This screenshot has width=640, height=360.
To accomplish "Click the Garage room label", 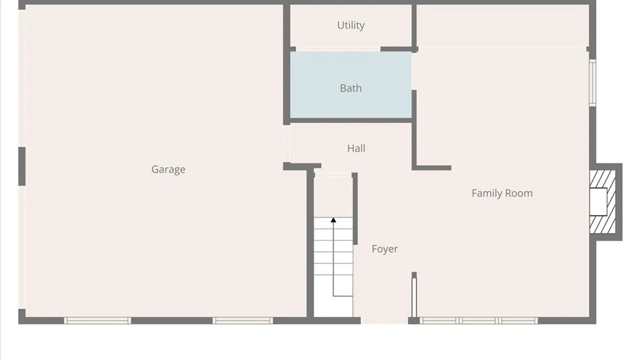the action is coord(168,169).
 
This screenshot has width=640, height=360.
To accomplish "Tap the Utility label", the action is coord(351,25).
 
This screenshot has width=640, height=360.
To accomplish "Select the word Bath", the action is coord(351,88).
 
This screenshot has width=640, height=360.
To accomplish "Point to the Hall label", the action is coord(356,148).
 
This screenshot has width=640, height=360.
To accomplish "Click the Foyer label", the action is coord(385,249).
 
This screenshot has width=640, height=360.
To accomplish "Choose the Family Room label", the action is coord(502,193).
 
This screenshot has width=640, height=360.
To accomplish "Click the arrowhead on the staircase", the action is coord(333,220).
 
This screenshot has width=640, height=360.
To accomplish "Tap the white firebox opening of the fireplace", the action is coord(598,202).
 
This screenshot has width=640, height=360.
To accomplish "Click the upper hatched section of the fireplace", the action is coord(602,179).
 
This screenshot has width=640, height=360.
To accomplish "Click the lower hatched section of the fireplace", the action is coord(602,224).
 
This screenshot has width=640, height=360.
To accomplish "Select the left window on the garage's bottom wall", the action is coord(97,321).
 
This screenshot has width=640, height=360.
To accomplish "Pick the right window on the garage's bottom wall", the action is coord(243,321).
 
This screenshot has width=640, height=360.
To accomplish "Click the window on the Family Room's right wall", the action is coord(592,83).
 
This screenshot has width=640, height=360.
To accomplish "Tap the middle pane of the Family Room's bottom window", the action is coord(479,321).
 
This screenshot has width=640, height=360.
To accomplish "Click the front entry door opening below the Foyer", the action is coord(384,321).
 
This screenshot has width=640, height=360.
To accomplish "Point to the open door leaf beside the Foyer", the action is coord(414,298).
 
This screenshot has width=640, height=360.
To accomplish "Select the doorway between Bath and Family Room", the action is coord(414,71).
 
